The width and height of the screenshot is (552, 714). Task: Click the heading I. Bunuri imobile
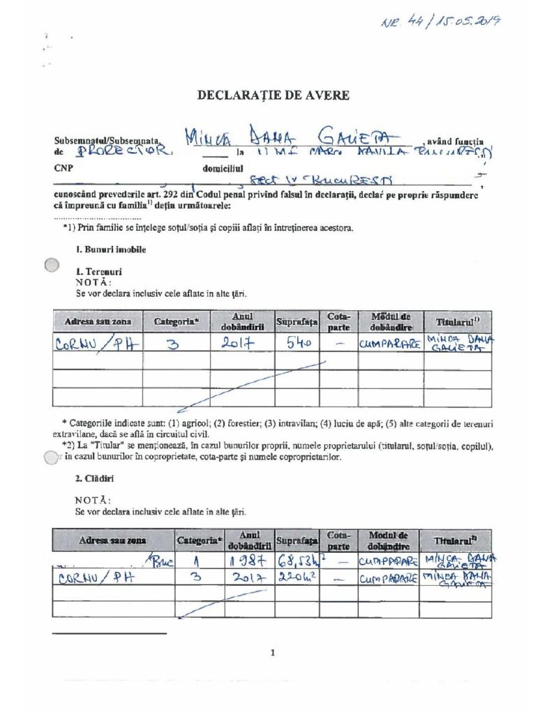click(x=111, y=249)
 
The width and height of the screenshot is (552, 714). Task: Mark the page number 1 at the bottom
click(x=273, y=653)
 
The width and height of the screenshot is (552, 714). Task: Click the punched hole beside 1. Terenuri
click(x=52, y=265)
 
